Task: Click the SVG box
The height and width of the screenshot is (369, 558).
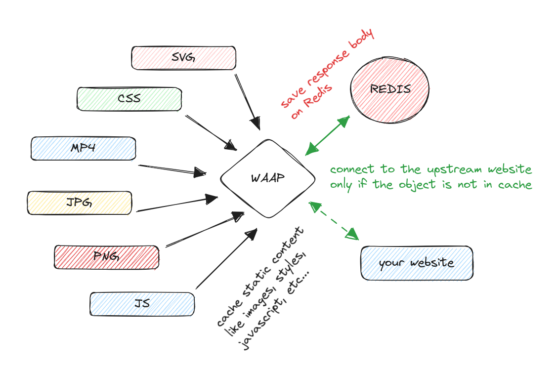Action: (x=183, y=58)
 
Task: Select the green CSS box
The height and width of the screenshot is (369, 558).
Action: (x=129, y=98)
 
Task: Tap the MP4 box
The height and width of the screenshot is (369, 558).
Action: (x=83, y=148)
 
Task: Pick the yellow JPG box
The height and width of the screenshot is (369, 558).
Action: (x=80, y=203)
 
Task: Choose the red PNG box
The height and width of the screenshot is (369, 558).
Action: (x=106, y=257)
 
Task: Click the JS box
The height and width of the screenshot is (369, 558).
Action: (x=142, y=303)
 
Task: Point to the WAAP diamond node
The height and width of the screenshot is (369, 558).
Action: (x=268, y=178)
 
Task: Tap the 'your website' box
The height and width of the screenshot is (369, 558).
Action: (x=416, y=262)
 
